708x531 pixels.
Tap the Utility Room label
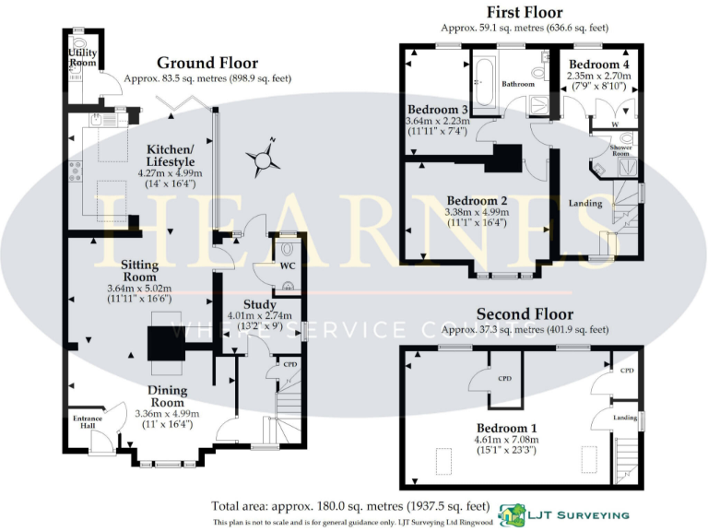tap(82, 58)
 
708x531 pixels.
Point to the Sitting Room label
tap(139, 270)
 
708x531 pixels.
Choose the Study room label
tap(259, 305)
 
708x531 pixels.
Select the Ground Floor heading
tap(206, 63)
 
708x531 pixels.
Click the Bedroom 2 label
tap(477, 201)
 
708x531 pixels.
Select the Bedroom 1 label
tap(506, 429)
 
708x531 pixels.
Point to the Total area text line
tap(348, 507)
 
